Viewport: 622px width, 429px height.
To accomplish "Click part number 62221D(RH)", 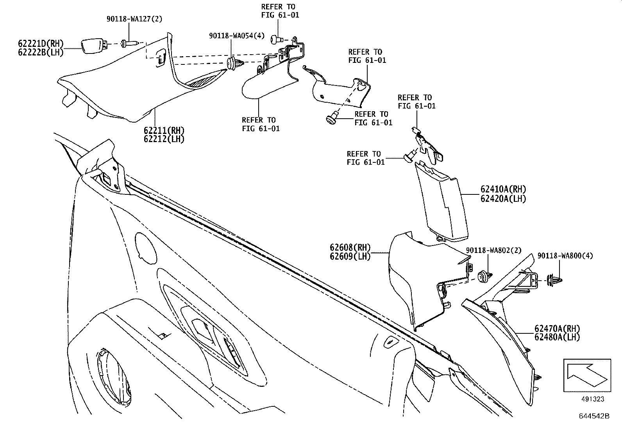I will pos(40,43).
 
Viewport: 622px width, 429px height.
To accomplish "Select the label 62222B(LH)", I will pos(40,52).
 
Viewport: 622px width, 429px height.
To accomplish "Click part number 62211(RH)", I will pos(164,130).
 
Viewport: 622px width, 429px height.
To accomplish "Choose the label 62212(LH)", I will pos(164,139).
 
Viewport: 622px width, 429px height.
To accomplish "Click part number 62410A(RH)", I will pos(503,189).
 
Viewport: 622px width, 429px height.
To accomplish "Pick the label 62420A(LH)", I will pos(503,198).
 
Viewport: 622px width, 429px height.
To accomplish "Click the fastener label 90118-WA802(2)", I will pos(493,250).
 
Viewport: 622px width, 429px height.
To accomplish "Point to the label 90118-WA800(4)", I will pos(565,256).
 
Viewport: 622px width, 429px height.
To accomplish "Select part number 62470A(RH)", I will pos(557,329).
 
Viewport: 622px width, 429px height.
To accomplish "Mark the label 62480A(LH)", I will pos(557,337).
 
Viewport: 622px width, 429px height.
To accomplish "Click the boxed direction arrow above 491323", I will pos(587,375).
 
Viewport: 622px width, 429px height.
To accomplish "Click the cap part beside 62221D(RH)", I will pos(94,45).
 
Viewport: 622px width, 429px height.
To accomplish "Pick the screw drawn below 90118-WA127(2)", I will pos(129,43).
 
